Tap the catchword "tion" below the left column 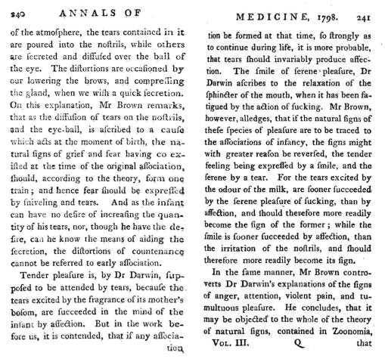(x=174, y=350)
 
